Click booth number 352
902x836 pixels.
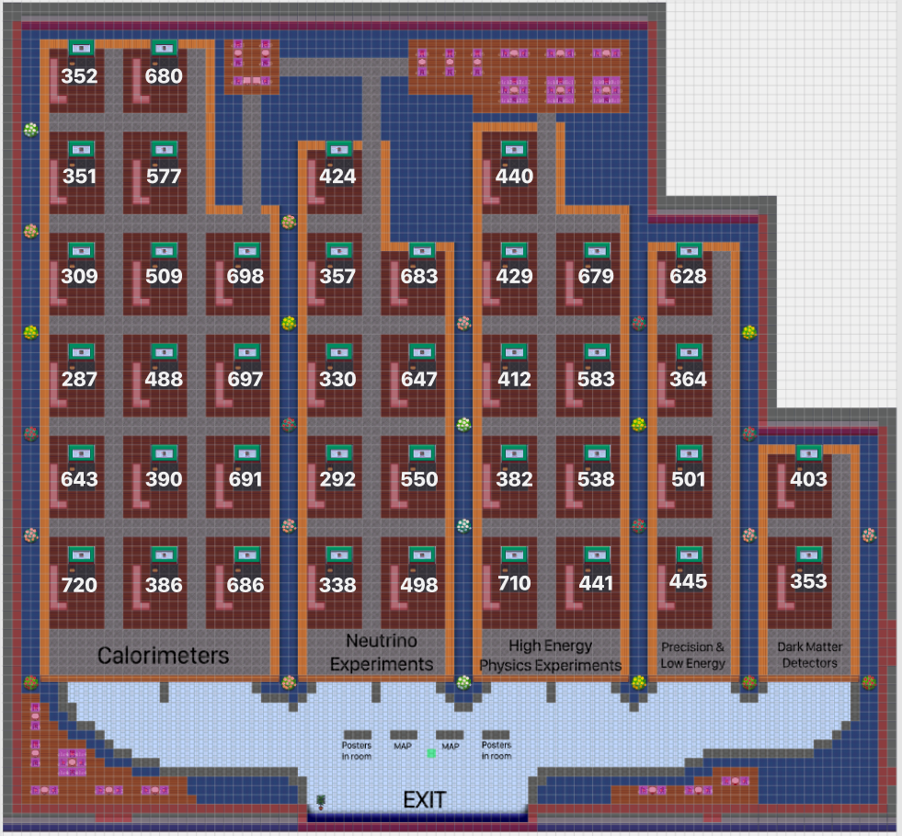[79, 76]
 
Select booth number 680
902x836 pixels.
[164, 76]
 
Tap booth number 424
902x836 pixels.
[337, 177]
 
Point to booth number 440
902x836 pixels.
[514, 177]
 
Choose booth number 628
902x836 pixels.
[688, 277]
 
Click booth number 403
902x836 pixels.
[808, 479]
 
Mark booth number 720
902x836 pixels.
[79, 585]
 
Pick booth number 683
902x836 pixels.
[419, 277]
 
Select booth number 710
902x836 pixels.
[514, 583]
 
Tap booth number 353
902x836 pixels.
[808, 581]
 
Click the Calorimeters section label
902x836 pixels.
[163, 656]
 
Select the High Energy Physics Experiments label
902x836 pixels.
[550, 656]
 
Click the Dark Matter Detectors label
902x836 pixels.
[807, 655]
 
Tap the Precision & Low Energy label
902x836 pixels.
[692, 655]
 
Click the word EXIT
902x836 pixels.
[425, 800]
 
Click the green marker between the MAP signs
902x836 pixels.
[430, 753]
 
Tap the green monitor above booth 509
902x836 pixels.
[164, 250]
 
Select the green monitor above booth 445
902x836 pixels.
[688, 555]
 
